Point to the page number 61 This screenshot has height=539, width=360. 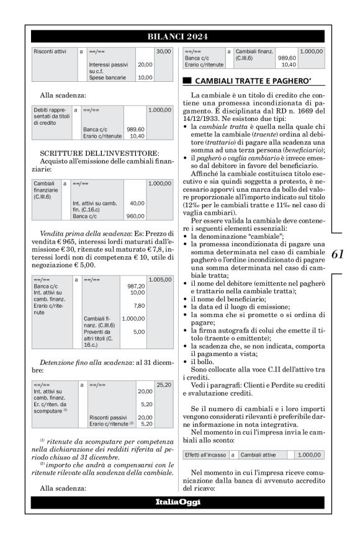(338, 254)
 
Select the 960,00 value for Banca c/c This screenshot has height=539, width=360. (135, 216)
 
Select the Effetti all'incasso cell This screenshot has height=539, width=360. (205, 455)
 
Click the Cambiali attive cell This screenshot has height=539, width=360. (258, 455)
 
